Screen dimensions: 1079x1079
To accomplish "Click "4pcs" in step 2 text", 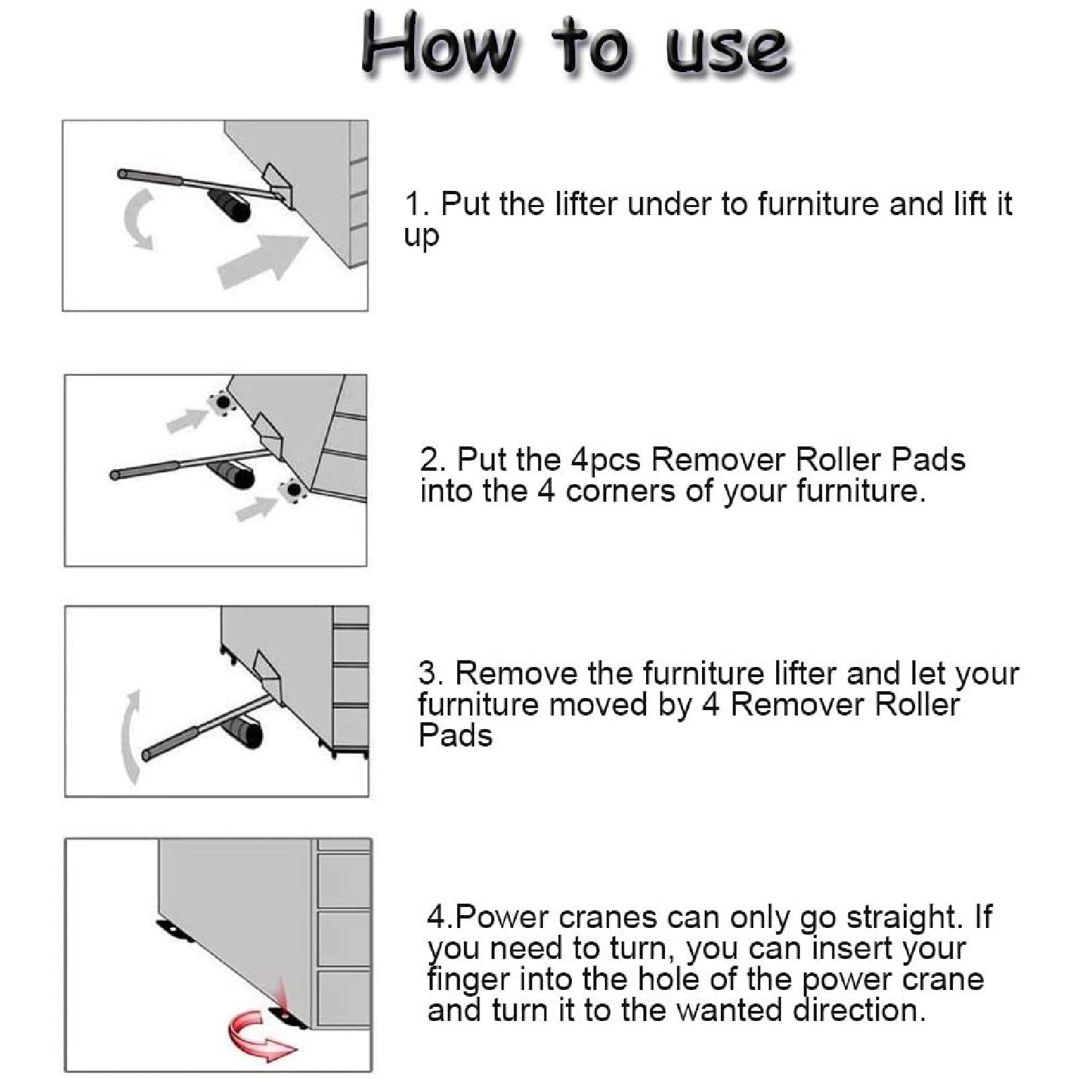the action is [606, 461].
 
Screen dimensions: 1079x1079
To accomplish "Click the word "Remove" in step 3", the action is [516, 674].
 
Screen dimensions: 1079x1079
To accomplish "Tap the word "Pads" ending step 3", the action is [455, 735].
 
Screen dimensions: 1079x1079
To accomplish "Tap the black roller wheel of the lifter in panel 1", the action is [229, 205].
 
